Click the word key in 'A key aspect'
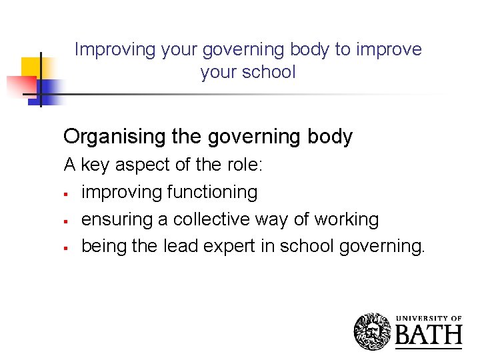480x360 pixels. click(95, 165)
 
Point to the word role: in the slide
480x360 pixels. click(244, 165)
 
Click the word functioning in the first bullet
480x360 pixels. click(212, 192)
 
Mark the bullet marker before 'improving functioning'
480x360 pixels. click(67, 194)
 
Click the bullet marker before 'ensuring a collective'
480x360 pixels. click(67, 221)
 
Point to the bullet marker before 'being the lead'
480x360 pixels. click(67, 249)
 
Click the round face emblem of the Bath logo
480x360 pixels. click(373, 331)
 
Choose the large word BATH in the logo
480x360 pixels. click(429, 335)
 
